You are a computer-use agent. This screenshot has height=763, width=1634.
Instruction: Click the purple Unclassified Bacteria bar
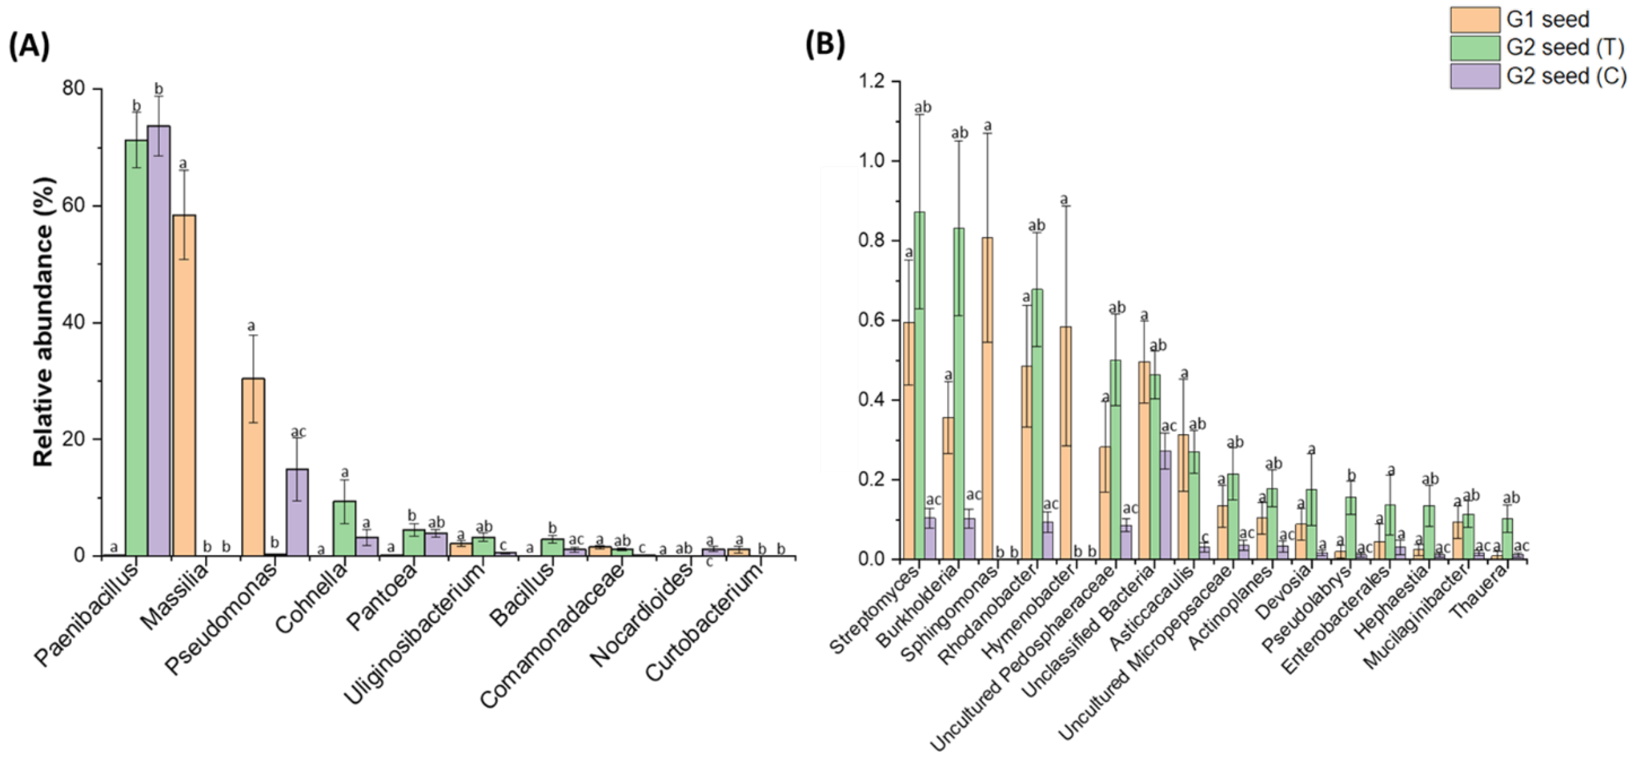1165,505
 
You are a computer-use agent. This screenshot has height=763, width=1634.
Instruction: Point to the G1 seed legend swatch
1475,19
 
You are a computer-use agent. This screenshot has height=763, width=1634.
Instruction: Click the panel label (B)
825,46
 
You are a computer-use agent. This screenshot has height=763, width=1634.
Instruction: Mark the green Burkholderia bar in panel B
959,393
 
